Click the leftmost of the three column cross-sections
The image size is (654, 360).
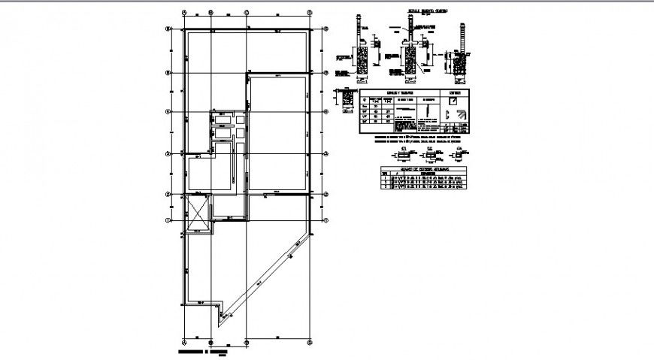click(x=404, y=156)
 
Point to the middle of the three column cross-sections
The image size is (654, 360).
click(x=429, y=156)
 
